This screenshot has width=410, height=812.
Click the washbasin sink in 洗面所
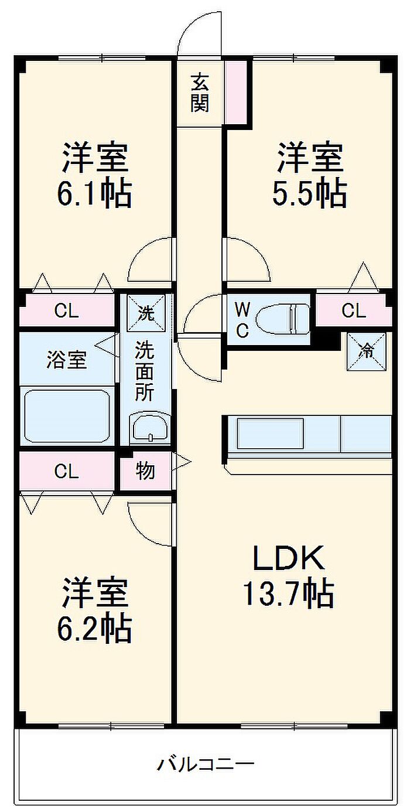click(x=151, y=426)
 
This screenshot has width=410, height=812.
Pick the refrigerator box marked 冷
click(x=366, y=351)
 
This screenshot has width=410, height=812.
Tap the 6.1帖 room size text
click(x=94, y=194)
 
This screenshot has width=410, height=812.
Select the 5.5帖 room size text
click(x=309, y=194)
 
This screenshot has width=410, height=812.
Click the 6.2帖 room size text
click(x=94, y=629)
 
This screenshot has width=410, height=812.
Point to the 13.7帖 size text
click(x=288, y=594)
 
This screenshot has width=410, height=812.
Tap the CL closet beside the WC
click(x=353, y=311)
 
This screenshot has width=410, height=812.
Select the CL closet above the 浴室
click(x=66, y=311)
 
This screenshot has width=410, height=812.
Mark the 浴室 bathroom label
click(x=66, y=360)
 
